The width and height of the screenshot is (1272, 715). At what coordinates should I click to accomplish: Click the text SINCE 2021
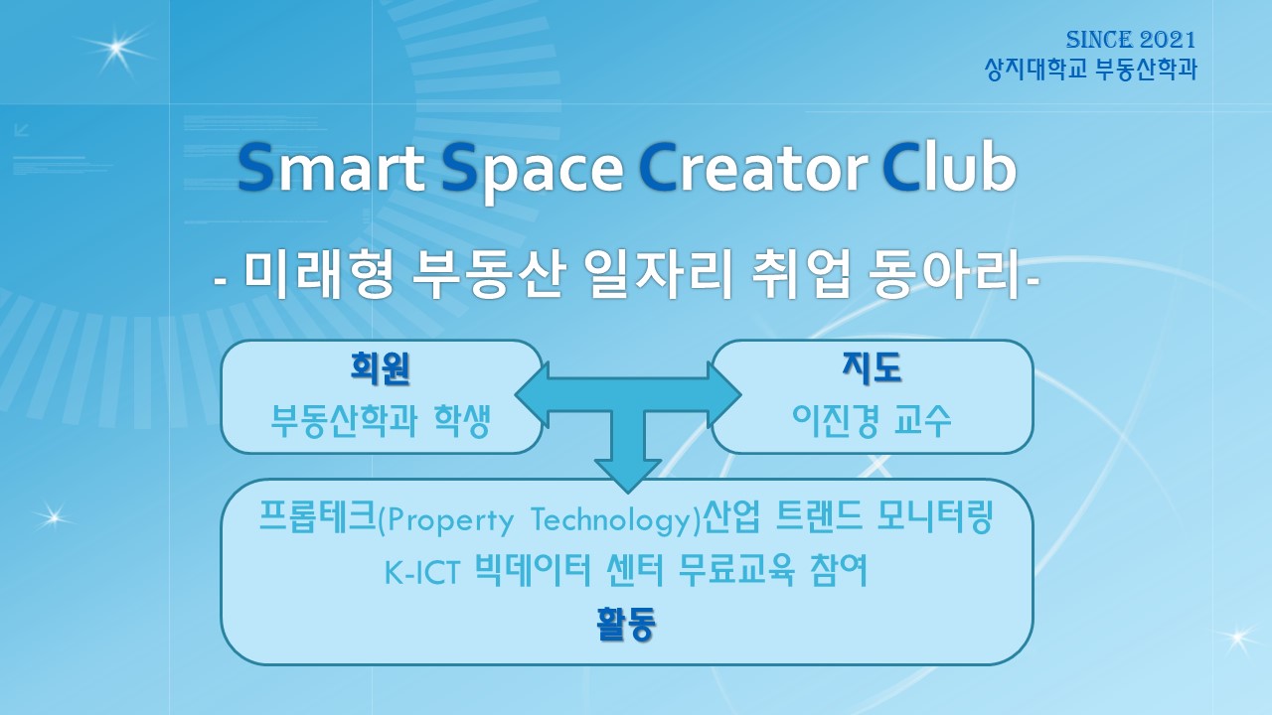(x=1131, y=40)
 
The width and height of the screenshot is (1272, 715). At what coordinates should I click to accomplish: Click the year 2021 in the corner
(x=1168, y=40)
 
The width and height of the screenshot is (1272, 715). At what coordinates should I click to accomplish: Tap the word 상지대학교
(x=1035, y=70)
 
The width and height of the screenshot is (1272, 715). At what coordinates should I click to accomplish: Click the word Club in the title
(x=949, y=167)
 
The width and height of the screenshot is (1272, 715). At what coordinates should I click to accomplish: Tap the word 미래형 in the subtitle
(x=319, y=275)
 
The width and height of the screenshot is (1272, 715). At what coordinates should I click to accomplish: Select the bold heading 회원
(x=381, y=368)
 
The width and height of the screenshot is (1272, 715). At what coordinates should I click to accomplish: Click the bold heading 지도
(x=873, y=367)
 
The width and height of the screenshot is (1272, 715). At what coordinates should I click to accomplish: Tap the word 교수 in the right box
(x=922, y=420)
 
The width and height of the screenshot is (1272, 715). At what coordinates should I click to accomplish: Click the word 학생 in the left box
(x=462, y=420)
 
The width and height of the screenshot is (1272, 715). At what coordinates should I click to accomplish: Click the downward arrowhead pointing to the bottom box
(x=628, y=476)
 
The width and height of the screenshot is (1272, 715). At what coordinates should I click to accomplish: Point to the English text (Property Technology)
(x=540, y=519)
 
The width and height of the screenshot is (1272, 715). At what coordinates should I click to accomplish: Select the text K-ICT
(x=422, y=573)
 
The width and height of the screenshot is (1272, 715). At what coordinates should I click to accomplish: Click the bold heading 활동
(x=626, y=624)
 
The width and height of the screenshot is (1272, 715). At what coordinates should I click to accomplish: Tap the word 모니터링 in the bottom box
(x=935, y=516)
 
